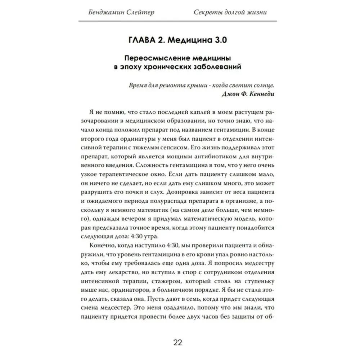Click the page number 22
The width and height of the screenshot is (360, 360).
(x=178, y=342)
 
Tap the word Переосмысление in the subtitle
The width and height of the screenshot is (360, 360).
(x=152, y=58)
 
